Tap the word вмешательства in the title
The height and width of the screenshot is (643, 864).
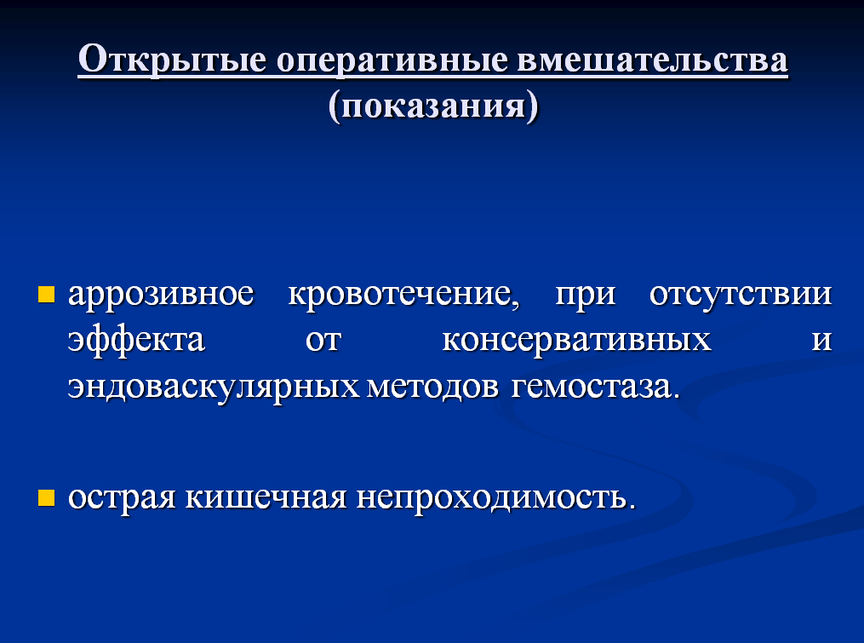[652, 59]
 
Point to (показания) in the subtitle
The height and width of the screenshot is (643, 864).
[433, 106]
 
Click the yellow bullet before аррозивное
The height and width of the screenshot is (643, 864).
[46, 295]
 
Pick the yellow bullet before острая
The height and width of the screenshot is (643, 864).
[46, 497]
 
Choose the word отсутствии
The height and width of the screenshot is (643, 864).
[741, 295]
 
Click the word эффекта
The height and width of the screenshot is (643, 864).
[136, 340]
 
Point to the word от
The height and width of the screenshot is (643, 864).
[323, 342]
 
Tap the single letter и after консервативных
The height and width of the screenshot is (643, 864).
[821, 342]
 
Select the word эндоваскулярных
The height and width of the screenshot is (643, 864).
[214, 388]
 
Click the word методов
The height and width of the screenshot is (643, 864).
[432, 388]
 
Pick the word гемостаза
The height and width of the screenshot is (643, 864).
[596, 388]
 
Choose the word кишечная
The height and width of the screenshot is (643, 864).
[266, 497]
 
